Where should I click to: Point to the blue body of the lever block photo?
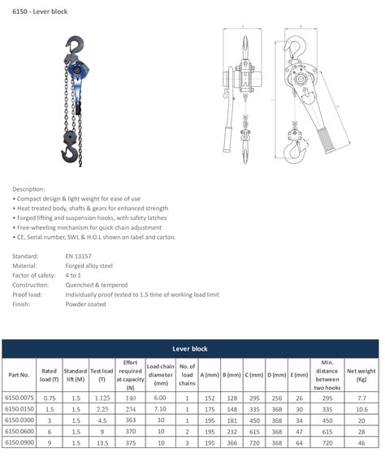click(79, 72)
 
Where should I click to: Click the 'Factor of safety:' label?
click(36, 274)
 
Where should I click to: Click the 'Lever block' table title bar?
click(190, 348)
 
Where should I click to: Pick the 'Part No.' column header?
click(19, 375)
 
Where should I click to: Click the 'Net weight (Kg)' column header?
click(361, 375)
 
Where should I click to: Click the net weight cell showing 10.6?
click(361, 410)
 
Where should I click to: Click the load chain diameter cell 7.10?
click(159, 410)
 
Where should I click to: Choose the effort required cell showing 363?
click(130, 421)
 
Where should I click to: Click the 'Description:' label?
click(28, 188)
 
